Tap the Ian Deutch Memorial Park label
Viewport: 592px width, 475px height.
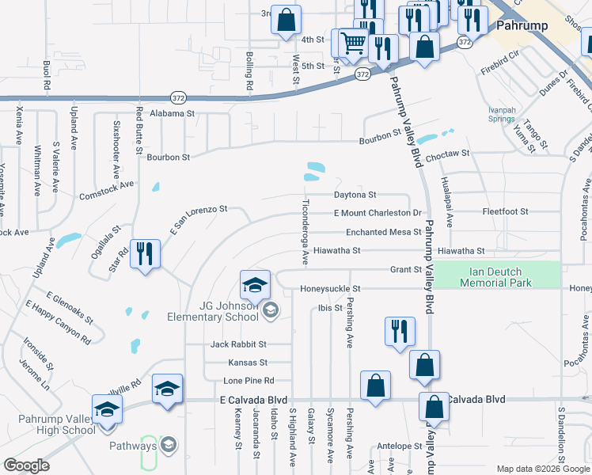[496, 275]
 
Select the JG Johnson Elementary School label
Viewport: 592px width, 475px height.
[213, 311]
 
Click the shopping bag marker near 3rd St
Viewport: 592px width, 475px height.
[287, 20]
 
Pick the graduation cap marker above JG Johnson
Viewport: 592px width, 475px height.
[255, 284]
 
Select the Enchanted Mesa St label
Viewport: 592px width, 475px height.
[383, 232]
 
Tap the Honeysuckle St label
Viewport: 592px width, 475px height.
[330, 289]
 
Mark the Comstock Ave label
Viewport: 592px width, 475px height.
[107, 191]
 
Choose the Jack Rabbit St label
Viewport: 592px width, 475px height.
[238, 344]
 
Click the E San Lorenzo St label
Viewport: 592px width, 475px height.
[198, 222]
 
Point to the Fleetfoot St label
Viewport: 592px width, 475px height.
[506, 212]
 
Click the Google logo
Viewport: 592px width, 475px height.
[27, 465]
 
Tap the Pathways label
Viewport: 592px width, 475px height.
[134, 446]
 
